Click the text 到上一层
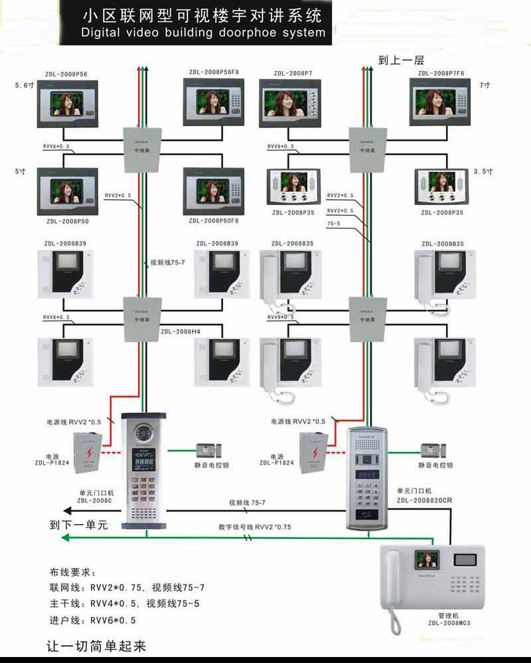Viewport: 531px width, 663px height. [401, 60]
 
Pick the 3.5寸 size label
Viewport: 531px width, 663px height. [483, 171]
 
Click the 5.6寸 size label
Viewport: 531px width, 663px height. [25, 85]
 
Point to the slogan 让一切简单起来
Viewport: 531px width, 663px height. [96, 645]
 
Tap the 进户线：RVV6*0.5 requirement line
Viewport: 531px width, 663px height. [98, 620]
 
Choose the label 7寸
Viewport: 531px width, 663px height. [484, 86]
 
